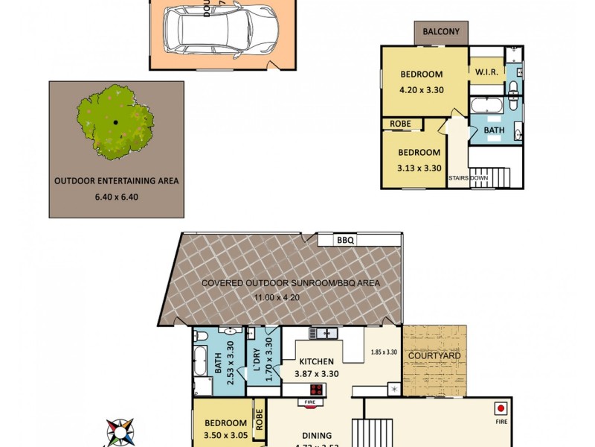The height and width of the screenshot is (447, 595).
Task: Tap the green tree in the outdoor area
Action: (x=115, y=123)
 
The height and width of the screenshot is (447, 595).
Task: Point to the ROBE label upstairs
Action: (x=396, y=124)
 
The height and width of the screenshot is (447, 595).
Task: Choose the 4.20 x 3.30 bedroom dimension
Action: (x=421, y=89)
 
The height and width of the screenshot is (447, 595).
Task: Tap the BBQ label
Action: (x=344, y=241)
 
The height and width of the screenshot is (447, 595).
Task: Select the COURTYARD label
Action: (x=435, y=356)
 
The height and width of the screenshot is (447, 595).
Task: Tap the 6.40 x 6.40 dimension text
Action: (x=116, y=197)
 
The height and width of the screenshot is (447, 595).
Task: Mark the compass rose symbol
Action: (x=121, y=432)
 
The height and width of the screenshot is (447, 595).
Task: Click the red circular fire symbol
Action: (x=501, y=408)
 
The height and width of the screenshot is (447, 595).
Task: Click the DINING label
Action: (x=318, y=436)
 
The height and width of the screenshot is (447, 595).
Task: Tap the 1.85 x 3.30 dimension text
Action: (x=385, y=352)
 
